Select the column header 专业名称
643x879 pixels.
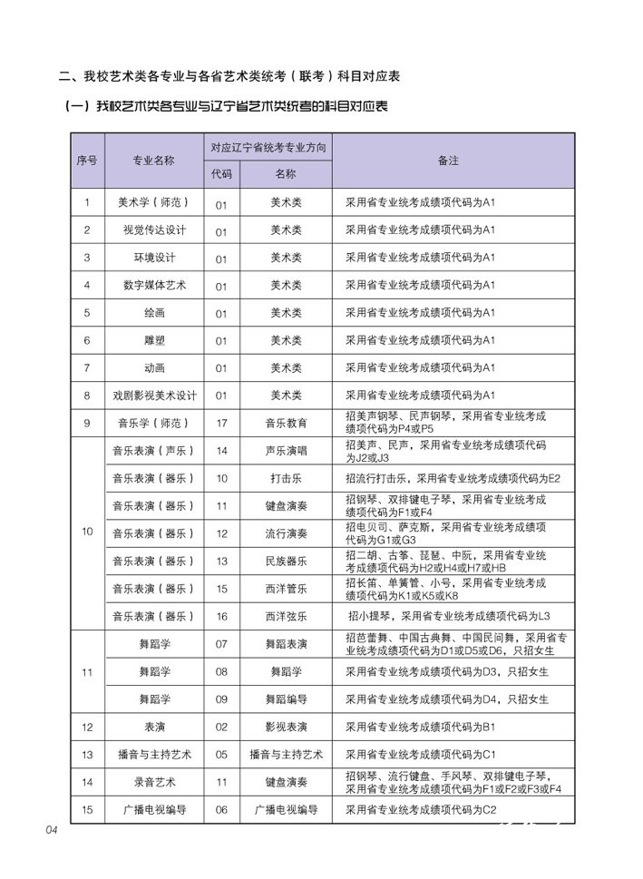[x=153, y=161]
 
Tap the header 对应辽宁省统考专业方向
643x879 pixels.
[x=268, y=147]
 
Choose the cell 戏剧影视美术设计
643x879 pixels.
[x=153, y=396]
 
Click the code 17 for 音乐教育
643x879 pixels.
[x=221, y=423]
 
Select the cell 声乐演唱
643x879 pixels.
[x=286, y=450]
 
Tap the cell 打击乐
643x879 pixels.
[x=286, y=478]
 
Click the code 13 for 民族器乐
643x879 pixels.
[x=221, y=562]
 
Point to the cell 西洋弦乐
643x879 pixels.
[x=286, y=617]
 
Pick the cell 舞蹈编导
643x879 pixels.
[x=286, y=700]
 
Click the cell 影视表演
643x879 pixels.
[x=286, y=728]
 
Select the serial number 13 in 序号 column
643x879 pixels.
[x=87, y=755]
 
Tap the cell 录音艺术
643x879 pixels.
[x=153, y=782]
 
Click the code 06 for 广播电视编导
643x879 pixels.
[x=221, y=810]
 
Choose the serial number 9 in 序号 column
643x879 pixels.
[x=87, y=423]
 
